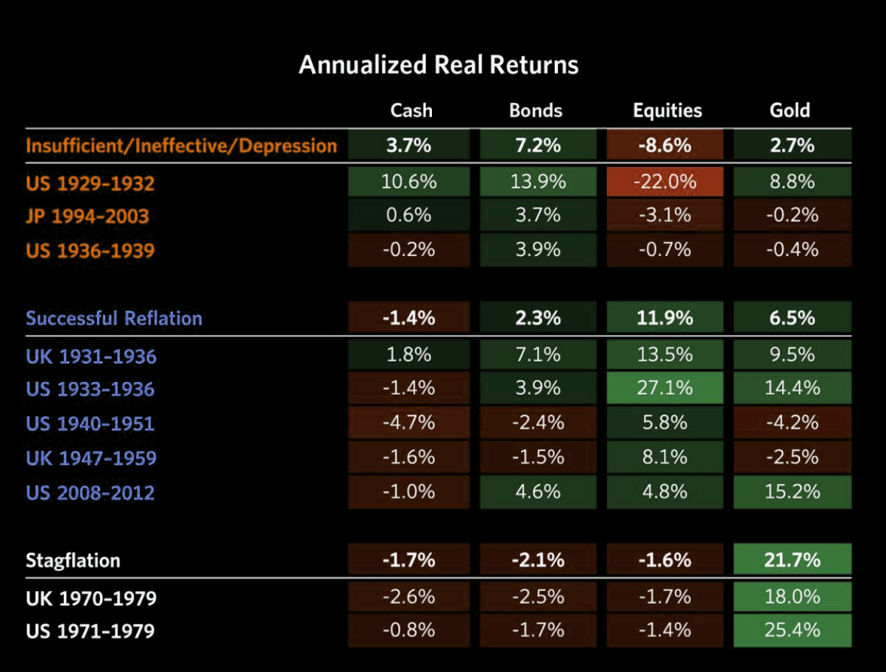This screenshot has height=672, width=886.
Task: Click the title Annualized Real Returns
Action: (439, 65)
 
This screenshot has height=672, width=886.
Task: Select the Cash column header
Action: (411, 110)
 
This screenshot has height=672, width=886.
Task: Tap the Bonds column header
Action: (536, 110)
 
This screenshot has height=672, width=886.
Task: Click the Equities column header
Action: (667, 110)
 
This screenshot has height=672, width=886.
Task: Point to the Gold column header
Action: (790, 110)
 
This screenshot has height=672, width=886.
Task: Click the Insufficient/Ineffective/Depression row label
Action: (181, 145)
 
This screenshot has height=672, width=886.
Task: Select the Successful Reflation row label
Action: (114, 318)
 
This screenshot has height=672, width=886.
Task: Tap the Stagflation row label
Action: (73, 560)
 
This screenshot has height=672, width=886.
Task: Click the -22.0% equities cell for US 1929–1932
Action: (665, 182)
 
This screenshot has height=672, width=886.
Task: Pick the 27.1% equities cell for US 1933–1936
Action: (665, 388)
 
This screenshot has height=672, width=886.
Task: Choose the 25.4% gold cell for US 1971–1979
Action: (793, 630)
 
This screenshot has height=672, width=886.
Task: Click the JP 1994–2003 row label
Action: (87, 216)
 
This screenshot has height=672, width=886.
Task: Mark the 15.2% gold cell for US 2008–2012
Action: (793, 492)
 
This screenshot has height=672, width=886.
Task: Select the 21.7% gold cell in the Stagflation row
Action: (793, 560)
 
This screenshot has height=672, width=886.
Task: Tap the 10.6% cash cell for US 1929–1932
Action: (409, 182)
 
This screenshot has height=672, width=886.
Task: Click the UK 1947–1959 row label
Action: (91, 458)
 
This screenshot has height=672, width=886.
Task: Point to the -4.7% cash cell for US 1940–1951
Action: (409, 422)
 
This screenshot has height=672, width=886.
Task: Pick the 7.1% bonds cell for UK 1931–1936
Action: (537, 354)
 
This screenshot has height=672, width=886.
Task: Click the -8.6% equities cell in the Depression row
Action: (665, 145)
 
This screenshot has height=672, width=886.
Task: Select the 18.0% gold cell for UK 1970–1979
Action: (793, 595)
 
